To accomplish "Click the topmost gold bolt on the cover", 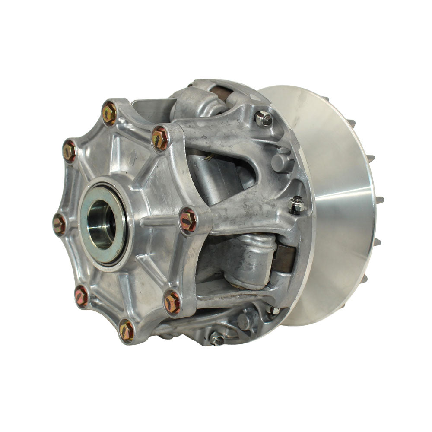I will (x=109, y=113).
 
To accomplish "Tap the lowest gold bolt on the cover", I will (x=126, y=330).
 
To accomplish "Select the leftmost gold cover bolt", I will (x=59, y=224).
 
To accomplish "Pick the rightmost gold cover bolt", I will (x=188, y=220).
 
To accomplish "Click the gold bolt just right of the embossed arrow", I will (x=160, y=138).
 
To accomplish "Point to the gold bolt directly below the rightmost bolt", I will (x=172, y=302).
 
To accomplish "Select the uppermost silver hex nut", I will (x=263, y=118).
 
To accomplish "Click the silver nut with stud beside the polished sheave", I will (x=296, y=205).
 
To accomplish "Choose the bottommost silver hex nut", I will (x=216, y=339).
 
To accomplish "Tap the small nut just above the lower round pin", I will (x=272, y=311).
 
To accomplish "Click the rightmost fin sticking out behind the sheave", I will (x=380, y=200).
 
